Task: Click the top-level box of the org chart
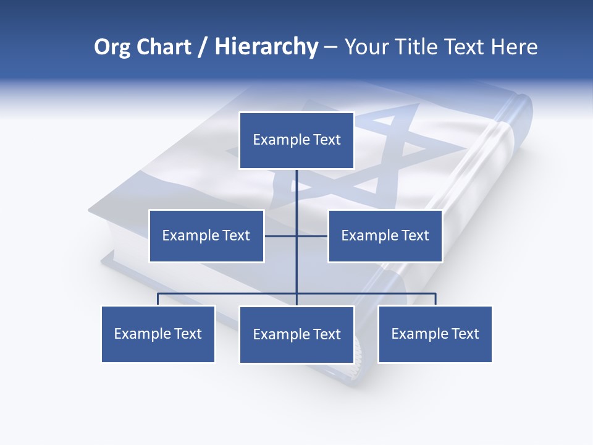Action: [x=296, y=140]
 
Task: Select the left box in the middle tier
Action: [x=206, y=235]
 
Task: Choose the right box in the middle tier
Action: [x=385, y=235]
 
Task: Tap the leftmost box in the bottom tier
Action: [x=158, y=334]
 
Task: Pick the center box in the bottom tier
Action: [x=296, y=334]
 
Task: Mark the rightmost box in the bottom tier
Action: [x=435, y=334]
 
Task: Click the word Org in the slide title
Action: [x=112, y=47]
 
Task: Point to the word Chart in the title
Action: [x=164, y=47]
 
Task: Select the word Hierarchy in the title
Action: [x=266, y=47]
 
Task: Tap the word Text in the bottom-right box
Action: [x=465, y=334]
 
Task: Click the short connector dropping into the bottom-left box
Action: [x=158, y=299]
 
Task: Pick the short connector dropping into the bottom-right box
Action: [x=435, y=299]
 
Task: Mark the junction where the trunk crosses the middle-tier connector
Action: [x=296, y=235]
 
